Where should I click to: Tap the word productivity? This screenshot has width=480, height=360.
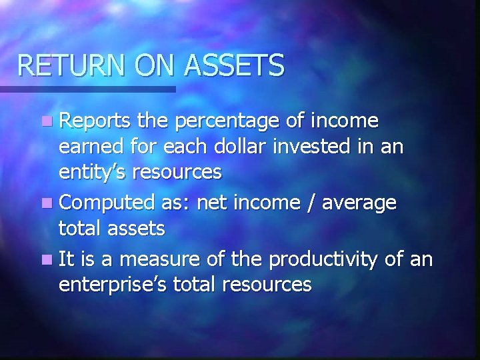[x=328, y=259]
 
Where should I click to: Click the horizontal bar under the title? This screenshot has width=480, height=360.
[x=87, y=89]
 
